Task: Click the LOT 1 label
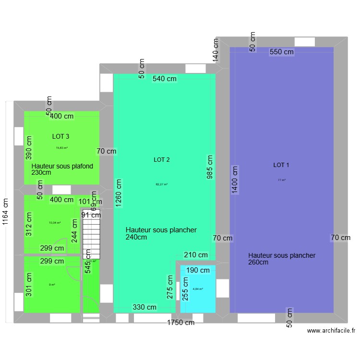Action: pos(281,165)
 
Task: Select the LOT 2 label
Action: pos(162,159)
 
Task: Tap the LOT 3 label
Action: pos(61,136)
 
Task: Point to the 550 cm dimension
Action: pos(282,52)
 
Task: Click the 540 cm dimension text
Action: pos(165,79)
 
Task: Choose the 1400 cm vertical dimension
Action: pos(235,179)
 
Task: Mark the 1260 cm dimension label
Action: pos(119,193)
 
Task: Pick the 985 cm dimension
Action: pos(209,167)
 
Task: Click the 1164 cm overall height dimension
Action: pos(5,212)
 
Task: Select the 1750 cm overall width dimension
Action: pos(181,323)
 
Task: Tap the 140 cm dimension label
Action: pos(216,50)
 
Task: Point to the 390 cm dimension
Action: pos(29,148)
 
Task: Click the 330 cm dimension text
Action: pos(144,307)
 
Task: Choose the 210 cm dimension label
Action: pos(196,255)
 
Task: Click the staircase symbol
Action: pos(91,234)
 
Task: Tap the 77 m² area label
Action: pos(281,180)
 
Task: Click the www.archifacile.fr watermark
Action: pos(332,330)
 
